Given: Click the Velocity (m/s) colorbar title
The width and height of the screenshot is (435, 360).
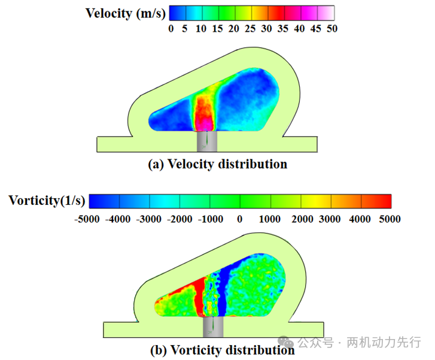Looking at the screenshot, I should (x=124, y=13).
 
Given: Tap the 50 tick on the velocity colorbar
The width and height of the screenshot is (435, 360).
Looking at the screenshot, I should (x=331, y=28).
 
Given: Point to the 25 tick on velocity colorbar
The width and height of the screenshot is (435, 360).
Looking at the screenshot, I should (x=250, y=28).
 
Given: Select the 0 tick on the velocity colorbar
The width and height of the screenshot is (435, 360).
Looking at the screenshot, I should (x=171, y=28).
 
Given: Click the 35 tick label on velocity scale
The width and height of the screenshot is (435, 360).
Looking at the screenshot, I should (x=282, y=28).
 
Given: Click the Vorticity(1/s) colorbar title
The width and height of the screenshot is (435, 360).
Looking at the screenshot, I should (x=47, y=200).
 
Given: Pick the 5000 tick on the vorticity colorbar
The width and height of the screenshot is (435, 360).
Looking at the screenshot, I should (x=389, y=219).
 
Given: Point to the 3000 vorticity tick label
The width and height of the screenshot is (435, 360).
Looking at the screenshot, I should (x=330, y=219).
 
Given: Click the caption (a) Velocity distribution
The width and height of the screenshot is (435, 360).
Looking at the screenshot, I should (x=217, y=164).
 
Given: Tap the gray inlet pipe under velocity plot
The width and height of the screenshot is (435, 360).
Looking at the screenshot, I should (x=207, y=141).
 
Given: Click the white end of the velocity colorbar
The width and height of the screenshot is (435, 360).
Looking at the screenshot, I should (x=327, y=13).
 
